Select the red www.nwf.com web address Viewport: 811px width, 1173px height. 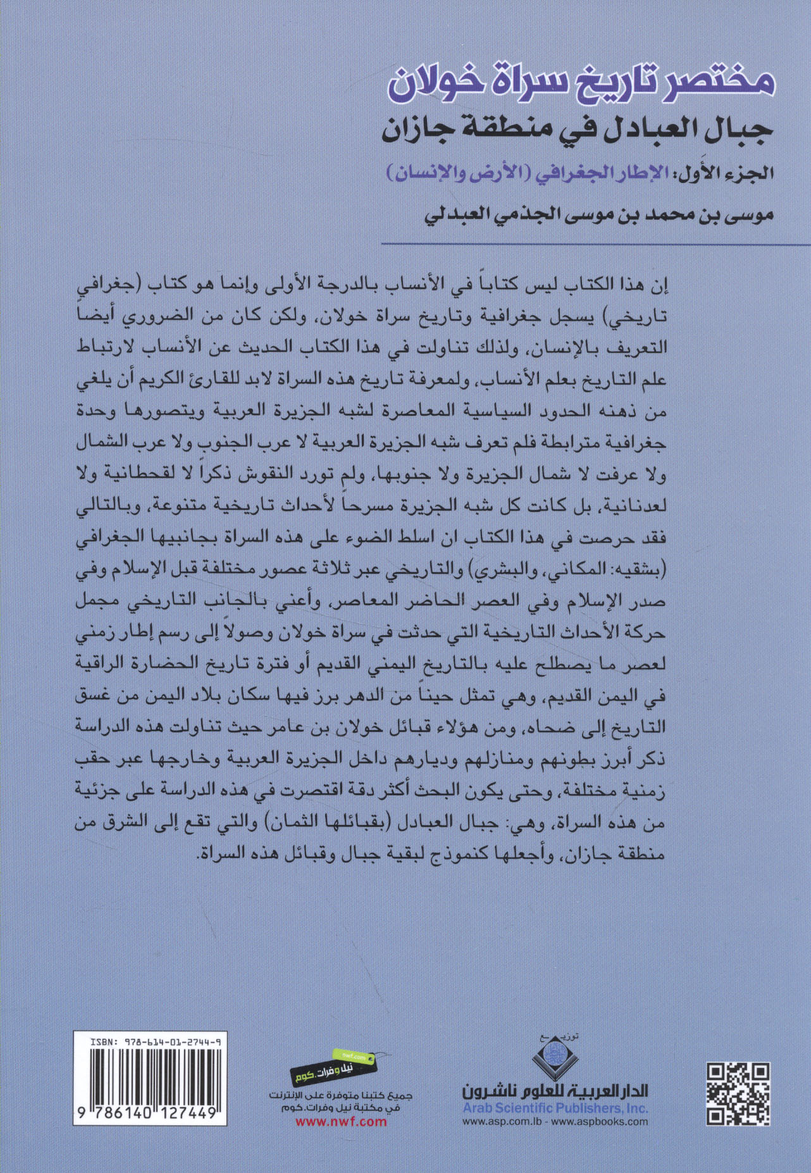coord(341,1122)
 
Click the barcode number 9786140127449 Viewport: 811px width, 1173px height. coord(150,1115)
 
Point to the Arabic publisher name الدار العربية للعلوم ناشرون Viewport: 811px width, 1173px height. coord(555,1089)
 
